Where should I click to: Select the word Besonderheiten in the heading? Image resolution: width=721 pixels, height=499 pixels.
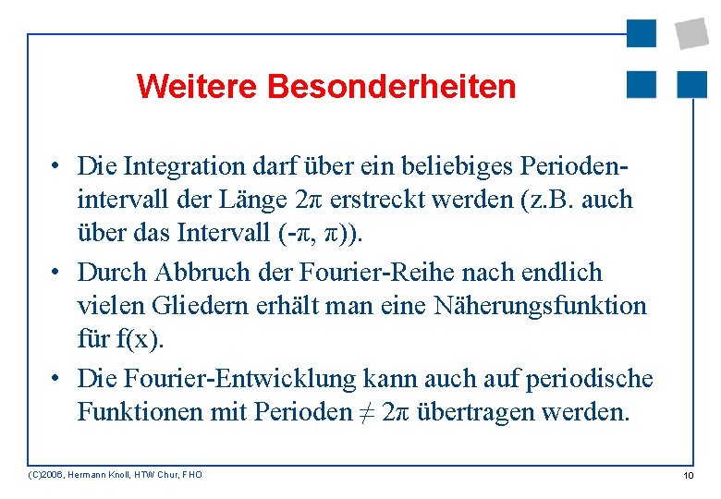tap(391, 87)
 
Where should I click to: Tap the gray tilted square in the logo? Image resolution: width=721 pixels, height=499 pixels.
tap(692, 33)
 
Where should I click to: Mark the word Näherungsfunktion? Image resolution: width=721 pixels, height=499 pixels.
tap(541, 306)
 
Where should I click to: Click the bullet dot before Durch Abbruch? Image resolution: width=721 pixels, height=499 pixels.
tap(57, 274)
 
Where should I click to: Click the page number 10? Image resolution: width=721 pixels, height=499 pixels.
tap(688, 475)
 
